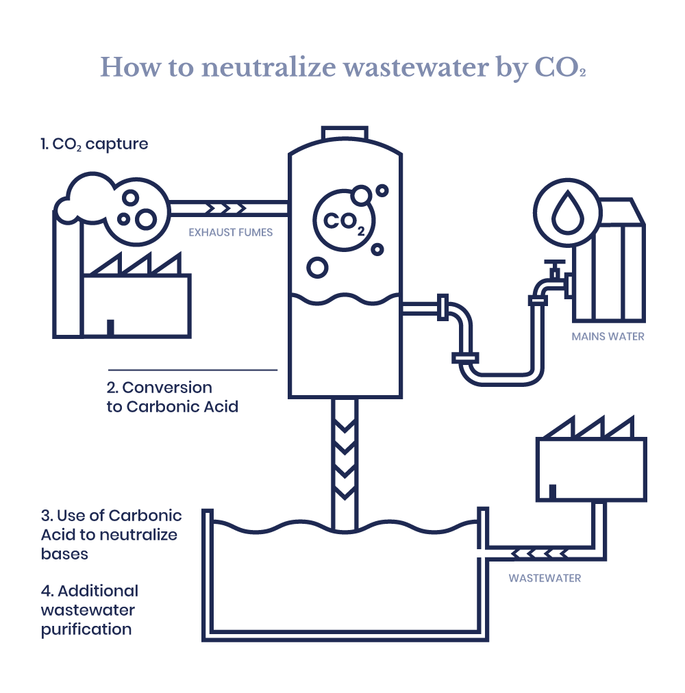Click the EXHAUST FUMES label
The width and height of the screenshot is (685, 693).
pos(230,232)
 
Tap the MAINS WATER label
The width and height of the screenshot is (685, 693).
pos(608,337)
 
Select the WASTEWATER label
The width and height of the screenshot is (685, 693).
pos(545,578)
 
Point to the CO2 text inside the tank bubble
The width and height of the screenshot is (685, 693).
pos(344,222)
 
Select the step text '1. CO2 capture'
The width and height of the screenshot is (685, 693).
pos(95,144)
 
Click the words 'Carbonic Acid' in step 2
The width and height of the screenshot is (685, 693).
pos(182,407)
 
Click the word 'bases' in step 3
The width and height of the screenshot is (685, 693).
pos(64,554)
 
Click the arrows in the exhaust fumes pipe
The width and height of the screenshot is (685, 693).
pos(226,208)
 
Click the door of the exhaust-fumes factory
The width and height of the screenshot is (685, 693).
pos(110,327)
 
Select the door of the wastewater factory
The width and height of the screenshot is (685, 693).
pos(552,492)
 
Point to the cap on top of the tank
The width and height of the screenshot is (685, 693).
pos(345,133)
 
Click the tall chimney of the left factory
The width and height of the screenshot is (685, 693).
pos(68,275)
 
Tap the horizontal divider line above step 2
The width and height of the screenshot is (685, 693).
pos(192,370)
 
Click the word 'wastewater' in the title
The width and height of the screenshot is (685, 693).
pos(416,68)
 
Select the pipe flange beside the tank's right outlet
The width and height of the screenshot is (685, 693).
pos(443,307)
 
